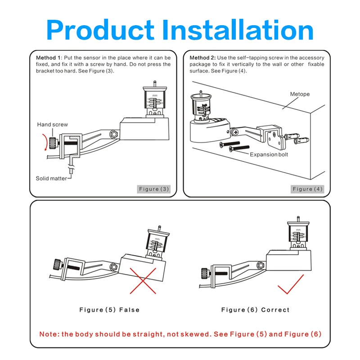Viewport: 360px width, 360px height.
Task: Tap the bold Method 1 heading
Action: (49, 58)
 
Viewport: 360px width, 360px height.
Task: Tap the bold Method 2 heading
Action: (202, 58)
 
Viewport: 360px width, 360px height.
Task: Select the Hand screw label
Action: (53, 125)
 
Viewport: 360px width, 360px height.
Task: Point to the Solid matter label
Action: (51, 178)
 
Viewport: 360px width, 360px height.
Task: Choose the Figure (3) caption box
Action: (154, 189)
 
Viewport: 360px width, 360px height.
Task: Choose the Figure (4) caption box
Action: (307, 189)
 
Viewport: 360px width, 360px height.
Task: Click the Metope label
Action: (299, 94)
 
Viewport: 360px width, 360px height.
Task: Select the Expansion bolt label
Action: (269, 154)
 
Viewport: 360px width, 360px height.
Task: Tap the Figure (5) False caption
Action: (109, 310)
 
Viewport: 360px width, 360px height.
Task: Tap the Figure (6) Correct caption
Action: (256, 310)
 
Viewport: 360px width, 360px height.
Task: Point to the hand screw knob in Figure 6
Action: (205, 272)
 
